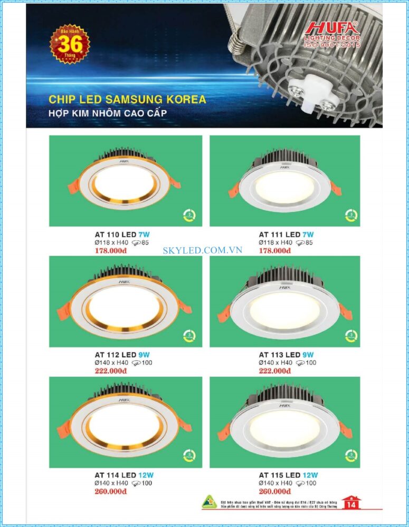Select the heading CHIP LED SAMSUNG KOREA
127,99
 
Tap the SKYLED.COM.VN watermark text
203,250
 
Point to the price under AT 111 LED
274,250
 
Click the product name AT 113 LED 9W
286,355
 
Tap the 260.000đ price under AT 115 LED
274,491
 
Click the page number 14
350,505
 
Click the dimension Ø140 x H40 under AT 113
275,363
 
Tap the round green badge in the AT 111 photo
349,215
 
